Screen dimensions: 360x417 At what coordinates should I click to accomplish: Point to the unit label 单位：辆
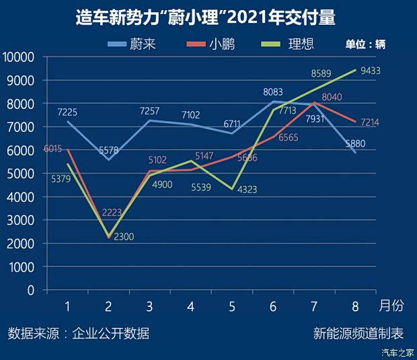point(365,45)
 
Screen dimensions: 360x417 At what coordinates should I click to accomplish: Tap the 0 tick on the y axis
point(31,290)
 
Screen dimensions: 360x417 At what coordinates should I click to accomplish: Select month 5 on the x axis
point(232,307)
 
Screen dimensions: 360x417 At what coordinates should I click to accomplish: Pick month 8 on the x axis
point(355,307)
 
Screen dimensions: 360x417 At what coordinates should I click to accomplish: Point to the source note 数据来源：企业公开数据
point(79,333)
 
